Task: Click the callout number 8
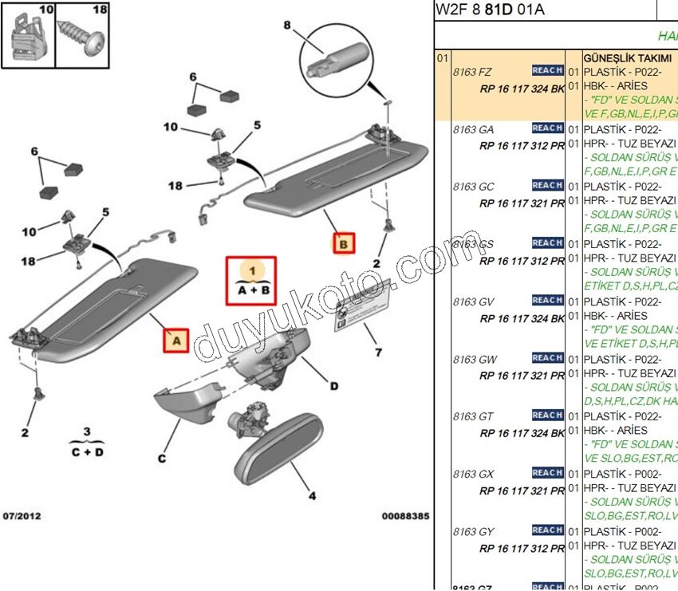287,25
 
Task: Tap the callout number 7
379,352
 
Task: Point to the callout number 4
312,495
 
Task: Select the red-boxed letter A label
176,341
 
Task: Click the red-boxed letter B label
343,243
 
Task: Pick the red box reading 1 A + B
251,279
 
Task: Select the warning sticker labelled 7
362,309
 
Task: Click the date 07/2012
21,517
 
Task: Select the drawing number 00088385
405,517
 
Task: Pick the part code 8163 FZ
473,72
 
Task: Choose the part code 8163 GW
475,360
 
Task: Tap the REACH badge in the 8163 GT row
547,416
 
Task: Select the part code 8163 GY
474,532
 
